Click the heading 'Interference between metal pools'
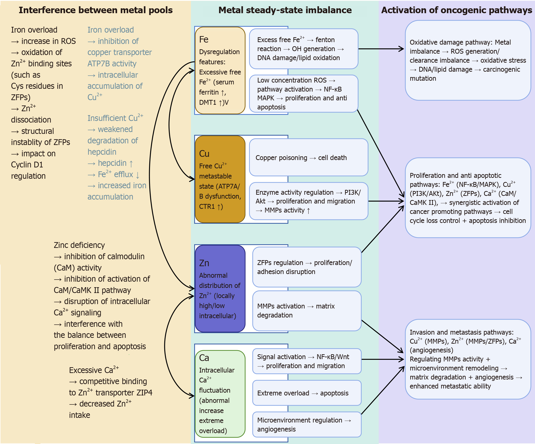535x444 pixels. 95,10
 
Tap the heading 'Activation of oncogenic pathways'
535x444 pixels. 456,10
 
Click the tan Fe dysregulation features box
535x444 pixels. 220,70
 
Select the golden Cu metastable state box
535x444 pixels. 220,179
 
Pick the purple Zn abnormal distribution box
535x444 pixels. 220,289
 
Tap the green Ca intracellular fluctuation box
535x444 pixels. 220,394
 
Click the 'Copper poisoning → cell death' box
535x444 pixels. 309,157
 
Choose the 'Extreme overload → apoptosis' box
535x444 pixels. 307,393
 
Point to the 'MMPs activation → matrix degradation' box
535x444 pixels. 307,311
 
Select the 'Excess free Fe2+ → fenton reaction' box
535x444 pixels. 303,49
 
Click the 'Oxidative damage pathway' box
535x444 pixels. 468,60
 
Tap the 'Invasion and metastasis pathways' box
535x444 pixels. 468,359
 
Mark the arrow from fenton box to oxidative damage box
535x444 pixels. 381,49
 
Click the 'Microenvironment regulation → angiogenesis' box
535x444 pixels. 307,424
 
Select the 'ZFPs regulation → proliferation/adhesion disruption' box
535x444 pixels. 307,267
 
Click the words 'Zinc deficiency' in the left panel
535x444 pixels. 79,245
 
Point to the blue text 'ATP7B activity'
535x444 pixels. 112,63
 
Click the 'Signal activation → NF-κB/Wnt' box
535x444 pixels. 307,361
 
